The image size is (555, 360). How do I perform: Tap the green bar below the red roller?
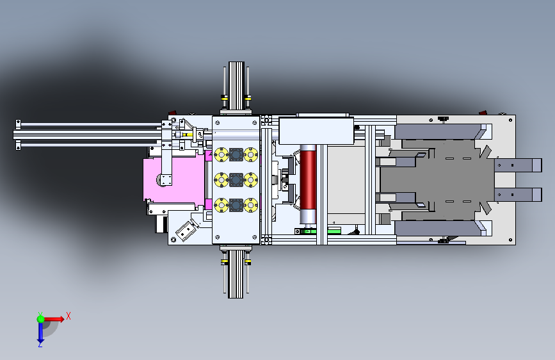pyautogui.click(x=318, y=231)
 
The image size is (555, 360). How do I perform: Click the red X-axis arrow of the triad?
pyautogui.click(x=54, y=319)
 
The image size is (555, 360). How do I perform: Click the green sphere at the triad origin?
pyautogui.click(x=40, y=319)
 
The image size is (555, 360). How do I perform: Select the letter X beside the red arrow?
pyautogui.click(x=68, y=316)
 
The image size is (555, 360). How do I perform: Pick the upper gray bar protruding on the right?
pyautogui.click(x=518, y=165)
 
